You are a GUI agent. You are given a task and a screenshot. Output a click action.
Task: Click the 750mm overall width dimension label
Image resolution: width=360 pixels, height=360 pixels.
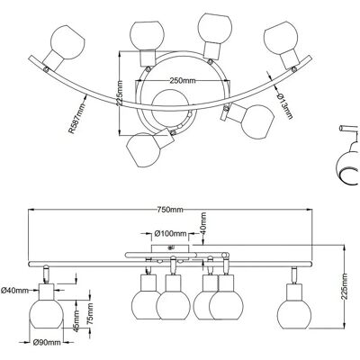click(x=170, y=210)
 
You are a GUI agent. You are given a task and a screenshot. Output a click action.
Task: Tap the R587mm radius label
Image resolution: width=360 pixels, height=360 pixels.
click(x=76, y=118)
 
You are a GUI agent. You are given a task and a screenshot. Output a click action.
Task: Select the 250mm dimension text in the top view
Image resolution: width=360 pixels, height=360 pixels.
click(x=183, y=80)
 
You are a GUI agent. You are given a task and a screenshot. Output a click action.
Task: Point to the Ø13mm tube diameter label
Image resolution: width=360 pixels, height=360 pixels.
click(x=284, y=106)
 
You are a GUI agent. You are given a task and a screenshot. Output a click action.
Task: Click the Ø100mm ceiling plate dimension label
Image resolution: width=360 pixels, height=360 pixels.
click(x=170, y=233)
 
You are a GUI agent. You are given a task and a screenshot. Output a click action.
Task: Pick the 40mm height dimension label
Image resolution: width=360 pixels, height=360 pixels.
click(x=203, y=223)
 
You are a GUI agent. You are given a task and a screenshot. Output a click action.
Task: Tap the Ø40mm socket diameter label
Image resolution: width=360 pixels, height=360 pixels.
click(x=14, y=290)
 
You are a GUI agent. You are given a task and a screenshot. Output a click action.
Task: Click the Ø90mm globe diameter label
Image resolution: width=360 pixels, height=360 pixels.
click(x=47, y=342)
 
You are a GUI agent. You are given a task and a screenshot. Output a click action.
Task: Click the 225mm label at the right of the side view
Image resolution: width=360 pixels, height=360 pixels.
click(x=345, y=286)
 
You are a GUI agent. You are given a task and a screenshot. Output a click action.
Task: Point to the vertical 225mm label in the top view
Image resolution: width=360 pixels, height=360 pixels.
click(x=120, y=94)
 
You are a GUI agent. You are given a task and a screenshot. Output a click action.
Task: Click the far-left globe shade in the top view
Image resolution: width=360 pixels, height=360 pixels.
click(x=67, y=41)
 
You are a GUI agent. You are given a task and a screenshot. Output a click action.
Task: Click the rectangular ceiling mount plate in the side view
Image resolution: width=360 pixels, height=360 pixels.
click(x=170, y=248)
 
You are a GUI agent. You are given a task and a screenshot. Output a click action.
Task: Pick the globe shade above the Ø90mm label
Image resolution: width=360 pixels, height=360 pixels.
click(x=46, y=313)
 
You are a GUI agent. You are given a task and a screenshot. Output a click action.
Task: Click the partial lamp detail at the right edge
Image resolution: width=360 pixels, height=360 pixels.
click(x=348, y=155)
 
